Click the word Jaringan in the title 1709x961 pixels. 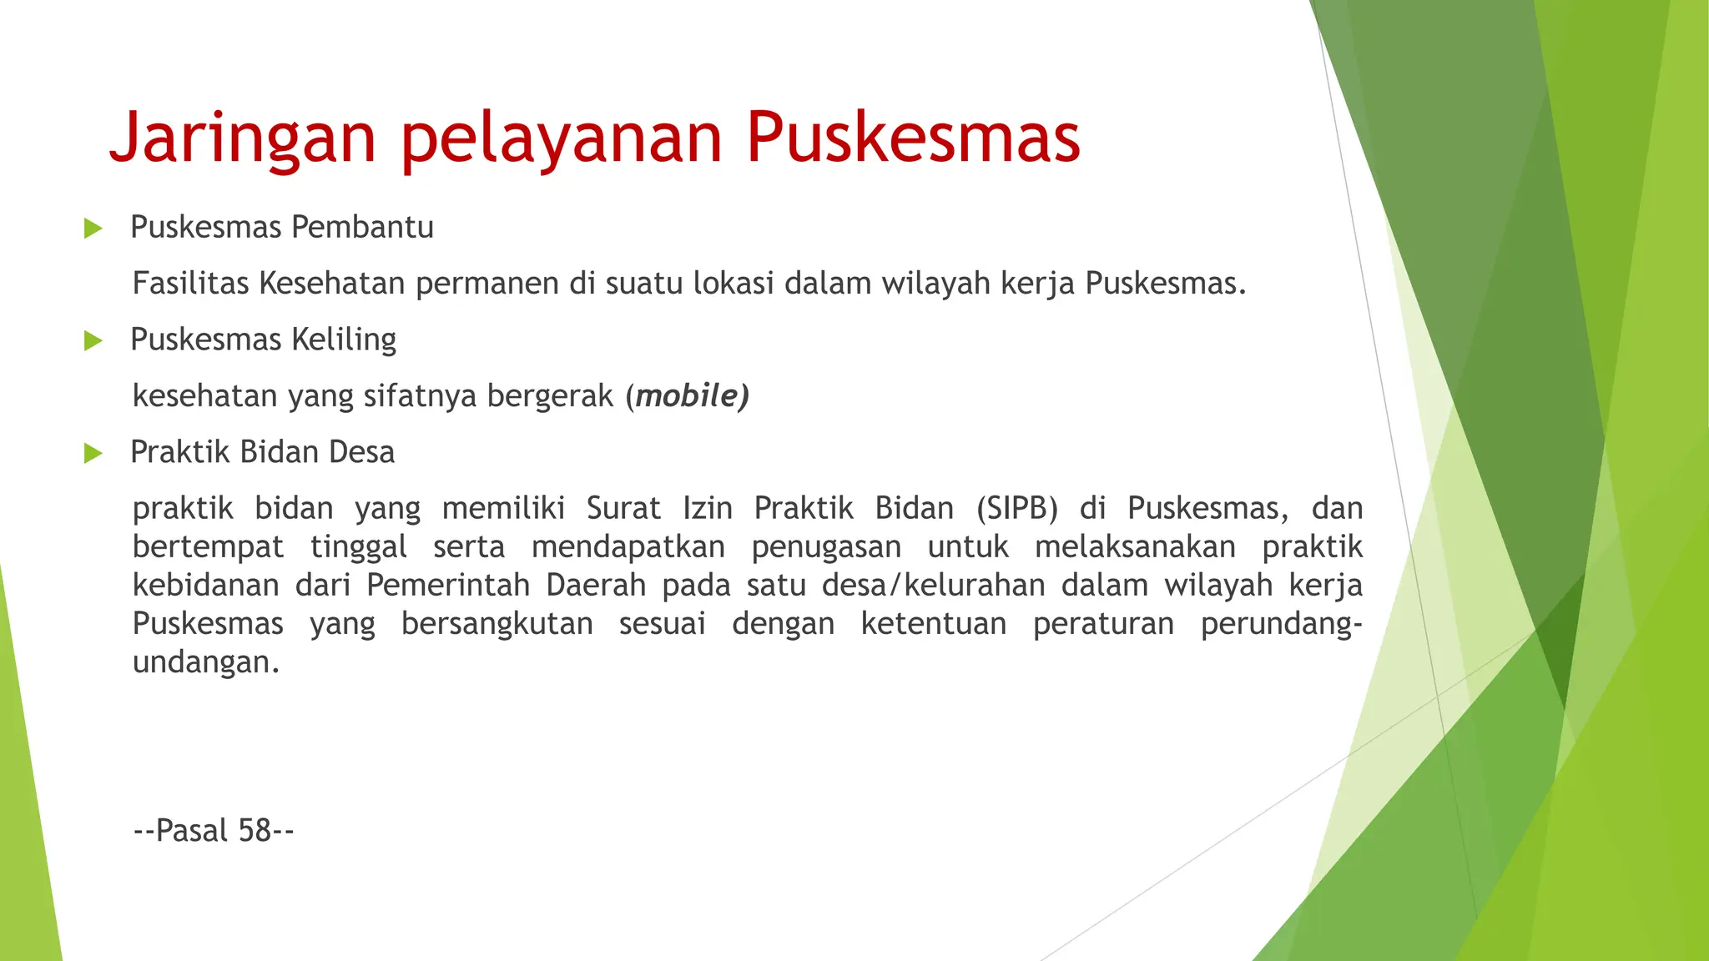243,138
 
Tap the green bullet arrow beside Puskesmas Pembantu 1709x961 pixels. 93,229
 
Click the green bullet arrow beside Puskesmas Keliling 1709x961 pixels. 93,340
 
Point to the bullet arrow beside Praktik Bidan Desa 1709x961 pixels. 93,454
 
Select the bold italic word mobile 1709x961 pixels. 686,396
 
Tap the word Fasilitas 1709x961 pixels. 190,284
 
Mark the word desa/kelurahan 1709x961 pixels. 933,586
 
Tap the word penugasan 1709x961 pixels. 826,547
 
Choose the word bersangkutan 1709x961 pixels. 497,624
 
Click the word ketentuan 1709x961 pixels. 934,624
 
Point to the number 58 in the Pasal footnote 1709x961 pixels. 254,831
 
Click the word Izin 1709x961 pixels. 708,508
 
